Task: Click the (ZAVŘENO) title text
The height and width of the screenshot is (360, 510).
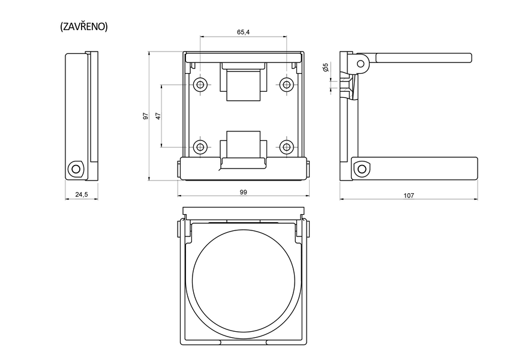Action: pyautogui.click(x=84, y=26)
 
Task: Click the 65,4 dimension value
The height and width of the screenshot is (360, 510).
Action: pyautogui.click(x=244, y=32)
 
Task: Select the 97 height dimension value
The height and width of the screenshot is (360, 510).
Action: pyautogui.click(x=146, y=116)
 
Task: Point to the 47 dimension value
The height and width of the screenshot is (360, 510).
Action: pyautogui.click(x=158, y=116)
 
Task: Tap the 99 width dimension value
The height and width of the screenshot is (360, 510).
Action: pyautogui.click(x=244, y=192)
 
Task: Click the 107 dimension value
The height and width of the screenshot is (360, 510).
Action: pyautogui.click(x=409, y=196)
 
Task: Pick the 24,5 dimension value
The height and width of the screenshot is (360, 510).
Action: pyautogui.click(x=82, y=194)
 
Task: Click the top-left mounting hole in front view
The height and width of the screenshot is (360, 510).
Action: pyautogui.click(x=200, y=85)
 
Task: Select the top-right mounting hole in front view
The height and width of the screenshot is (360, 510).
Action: pyautogui.click(x=287, y=85)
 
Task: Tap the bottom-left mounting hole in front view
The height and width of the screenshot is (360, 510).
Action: pyautogui.click(x=200, y=146)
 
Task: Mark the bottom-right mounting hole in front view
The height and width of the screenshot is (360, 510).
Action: pyautogui.click(x=287, y=146)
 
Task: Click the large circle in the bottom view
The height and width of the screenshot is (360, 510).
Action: pyautogui.click(x=244, y=278)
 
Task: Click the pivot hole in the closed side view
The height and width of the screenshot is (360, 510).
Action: pyautogui.click(x=75, y=168)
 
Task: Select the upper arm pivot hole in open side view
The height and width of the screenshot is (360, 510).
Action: pyautogui.click(x=360, y=63)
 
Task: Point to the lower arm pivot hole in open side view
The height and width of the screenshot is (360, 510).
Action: pyautogui.click(x=361, y=169)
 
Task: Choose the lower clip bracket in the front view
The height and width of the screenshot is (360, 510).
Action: pyautogui.click(x=244, y=147)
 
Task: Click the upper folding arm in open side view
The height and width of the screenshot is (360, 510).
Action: pyautogui.click(x=423, y=58)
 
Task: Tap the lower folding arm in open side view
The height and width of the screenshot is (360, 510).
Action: pyautogui.click(x=423, y=169)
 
